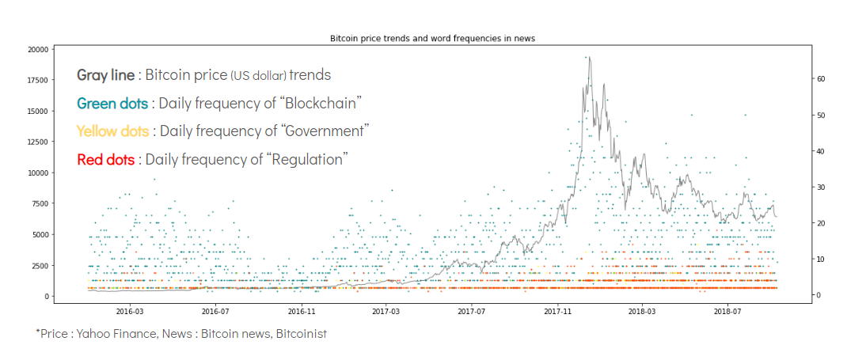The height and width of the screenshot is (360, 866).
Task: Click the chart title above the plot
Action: pyautogui.click(x=432, y=38)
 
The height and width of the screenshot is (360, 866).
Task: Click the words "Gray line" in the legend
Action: pyautogui.click(x=105, y=75)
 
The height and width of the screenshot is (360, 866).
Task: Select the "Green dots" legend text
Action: pyautogui.click(x=112, y=104)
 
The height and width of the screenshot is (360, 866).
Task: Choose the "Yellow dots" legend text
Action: pyautogui.click(x=112, y=131)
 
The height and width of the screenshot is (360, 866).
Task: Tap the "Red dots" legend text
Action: pyautogui.click(x=106, y=160)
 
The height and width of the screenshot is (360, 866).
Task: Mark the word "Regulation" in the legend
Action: pyautogui.click(x=308, y=160)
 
